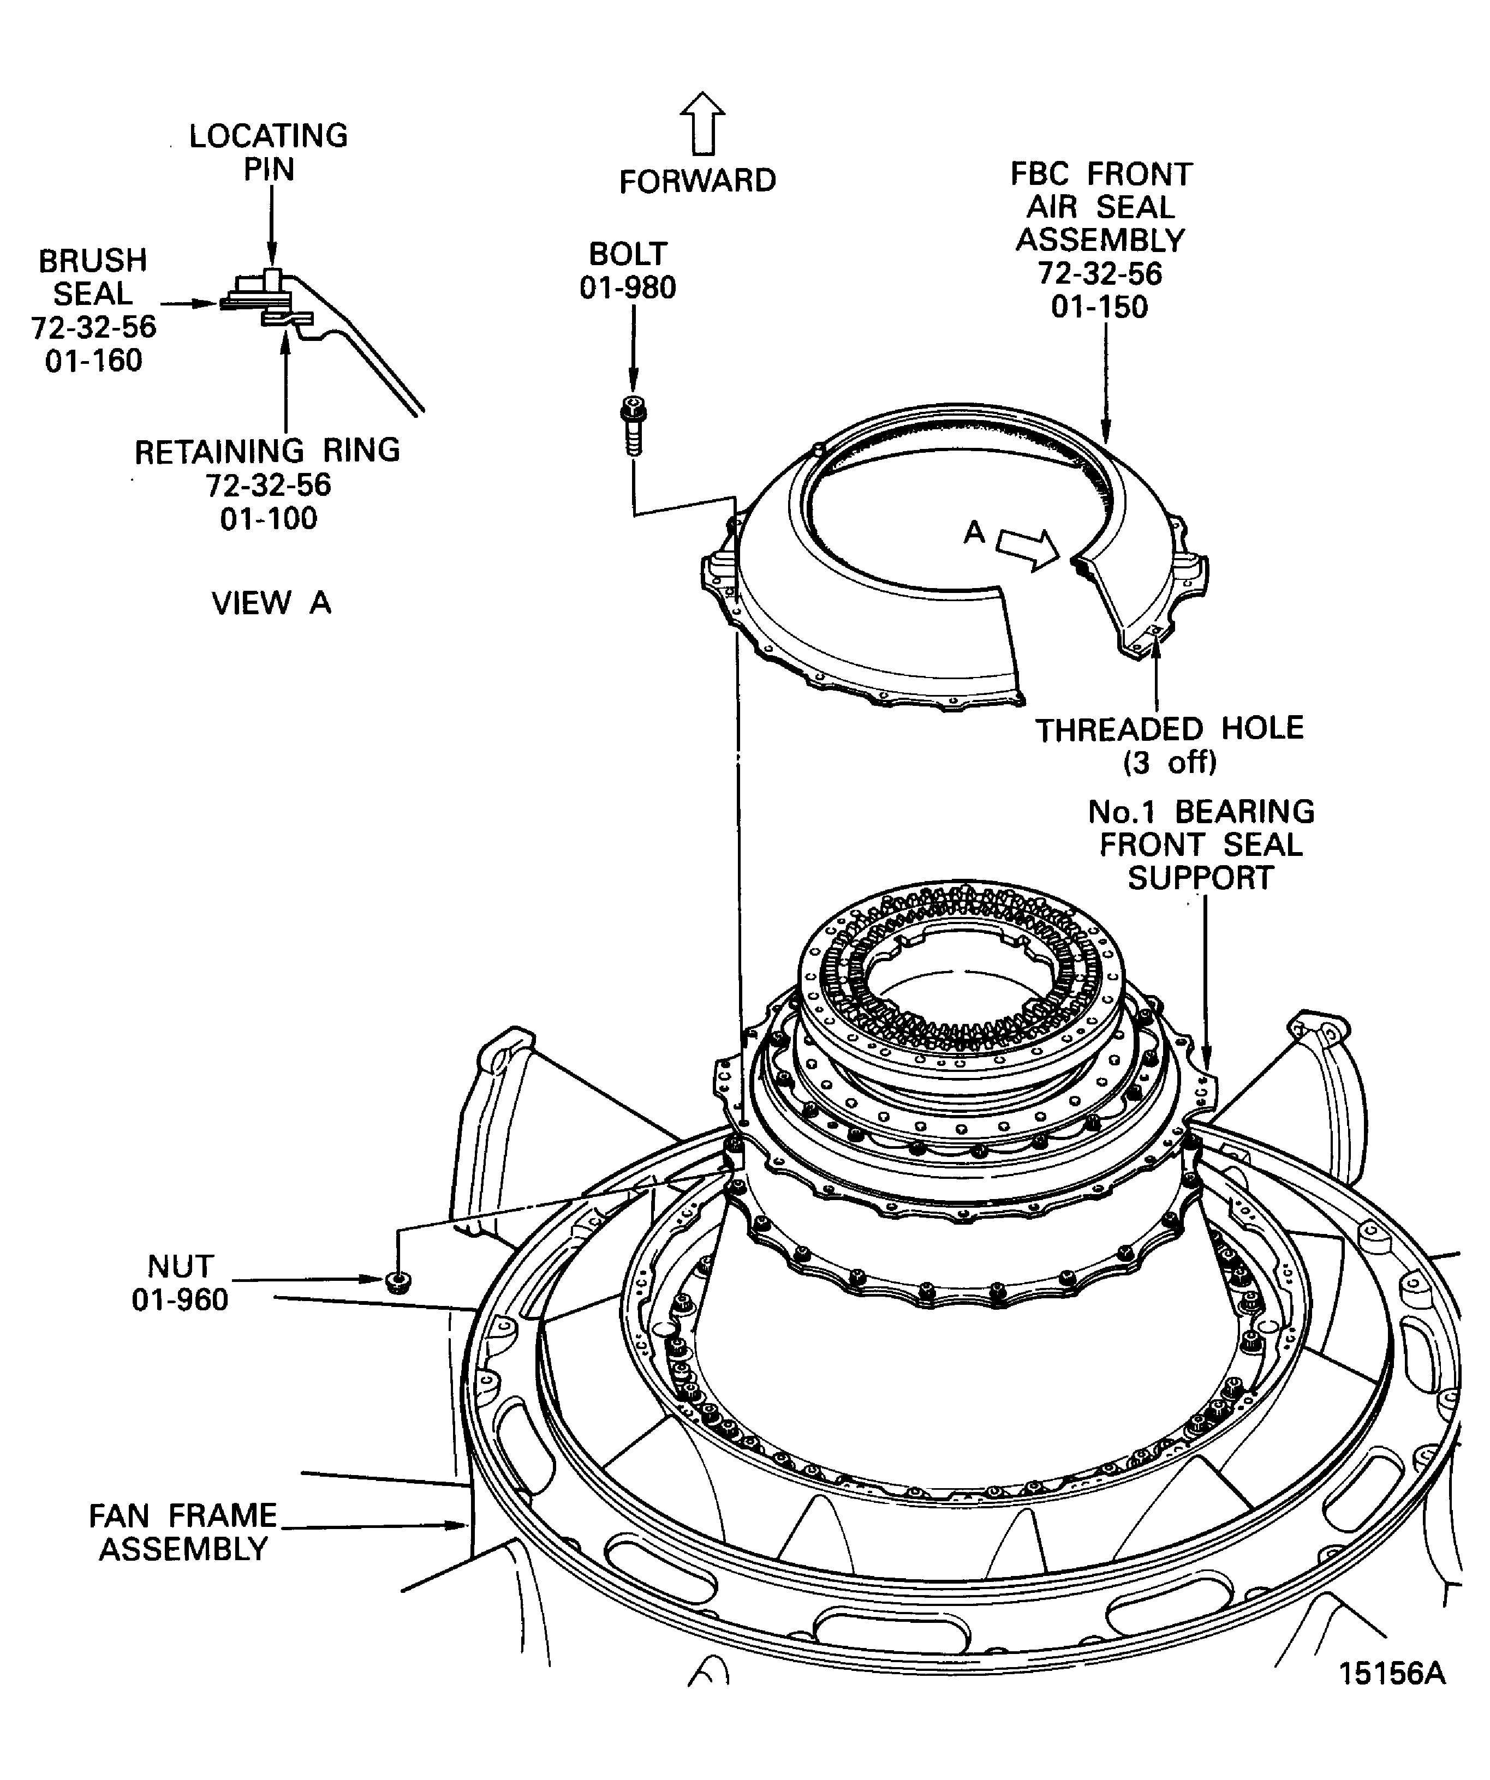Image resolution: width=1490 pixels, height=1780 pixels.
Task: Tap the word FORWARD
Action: click(x=697, y=182)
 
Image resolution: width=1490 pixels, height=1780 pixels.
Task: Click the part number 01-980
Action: click(x=628, y=288)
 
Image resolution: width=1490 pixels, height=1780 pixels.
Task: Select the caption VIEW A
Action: click(x=271, y=603)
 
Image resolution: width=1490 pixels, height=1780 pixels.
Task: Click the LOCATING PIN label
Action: click(x=268, y=153)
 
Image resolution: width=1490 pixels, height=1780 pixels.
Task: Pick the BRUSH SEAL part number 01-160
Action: click(x=93, y=361)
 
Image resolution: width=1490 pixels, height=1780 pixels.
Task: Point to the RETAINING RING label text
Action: click(x=267, y=451)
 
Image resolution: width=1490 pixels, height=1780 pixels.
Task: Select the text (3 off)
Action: click(x=1170, y=763)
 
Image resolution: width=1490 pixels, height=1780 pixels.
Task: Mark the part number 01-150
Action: click(x=1100, y=307)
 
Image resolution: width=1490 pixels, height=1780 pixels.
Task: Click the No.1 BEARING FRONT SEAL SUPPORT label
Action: click(x=1201, y=844)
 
